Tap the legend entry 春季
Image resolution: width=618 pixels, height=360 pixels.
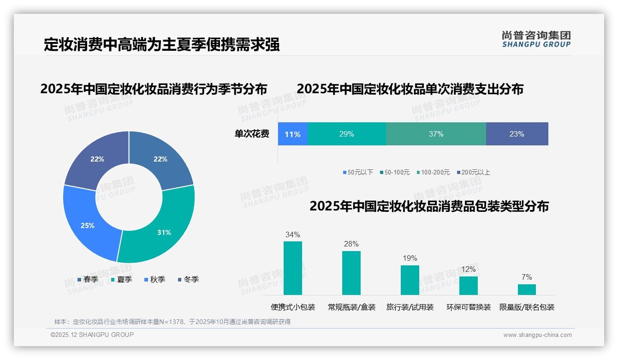88,279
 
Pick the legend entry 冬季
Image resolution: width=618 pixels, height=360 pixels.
188,279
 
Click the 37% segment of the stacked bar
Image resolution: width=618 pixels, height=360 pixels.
436,134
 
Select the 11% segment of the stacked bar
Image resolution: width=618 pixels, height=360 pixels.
292,134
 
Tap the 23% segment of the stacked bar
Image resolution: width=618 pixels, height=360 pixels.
517,134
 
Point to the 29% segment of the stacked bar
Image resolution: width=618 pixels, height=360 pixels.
346,134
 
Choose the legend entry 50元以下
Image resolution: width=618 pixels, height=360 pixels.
357,172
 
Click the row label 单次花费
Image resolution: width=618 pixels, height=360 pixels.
252,134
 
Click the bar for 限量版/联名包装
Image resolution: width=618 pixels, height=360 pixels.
527,289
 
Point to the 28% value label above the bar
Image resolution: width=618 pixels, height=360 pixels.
351,244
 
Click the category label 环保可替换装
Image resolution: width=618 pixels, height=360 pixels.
468,307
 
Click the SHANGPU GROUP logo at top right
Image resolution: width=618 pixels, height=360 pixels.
536,39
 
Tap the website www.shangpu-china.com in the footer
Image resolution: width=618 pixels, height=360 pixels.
537,335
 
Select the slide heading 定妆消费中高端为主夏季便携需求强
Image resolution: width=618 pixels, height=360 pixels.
161,45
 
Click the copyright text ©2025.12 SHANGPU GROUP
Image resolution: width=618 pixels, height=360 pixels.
92,335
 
